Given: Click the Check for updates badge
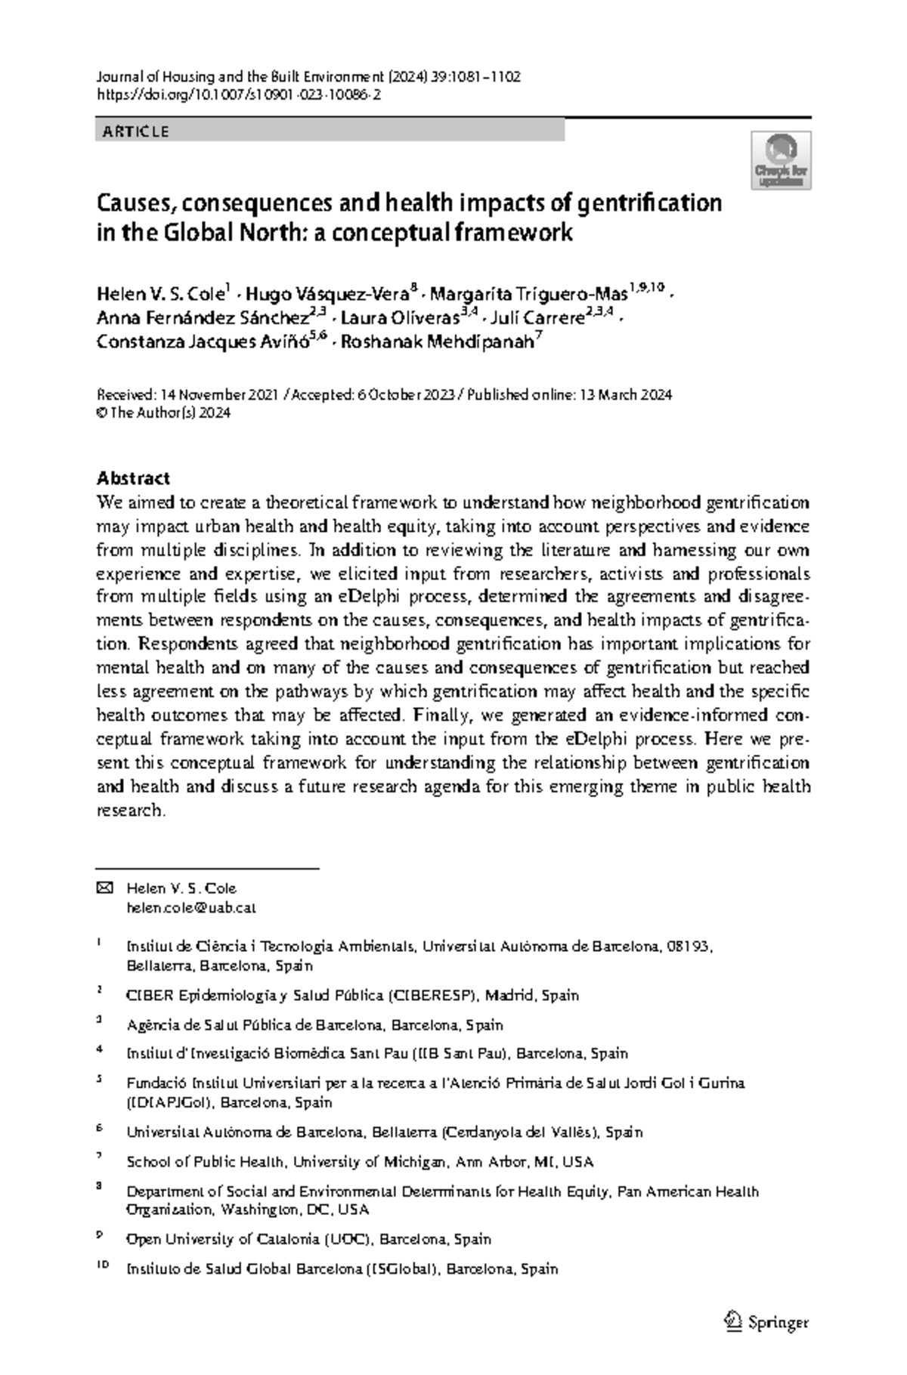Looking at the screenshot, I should (x=782, y=159).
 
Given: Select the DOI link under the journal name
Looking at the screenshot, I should (x=239, y=95).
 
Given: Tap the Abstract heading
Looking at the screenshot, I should (x=133, y=478).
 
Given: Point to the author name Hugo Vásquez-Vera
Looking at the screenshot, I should (x=327, y=294).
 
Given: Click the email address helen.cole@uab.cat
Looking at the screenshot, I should (x=191, y=908).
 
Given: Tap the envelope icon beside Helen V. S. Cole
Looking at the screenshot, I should (x=105, y=888).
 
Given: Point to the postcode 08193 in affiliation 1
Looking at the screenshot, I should (x=688, y=947).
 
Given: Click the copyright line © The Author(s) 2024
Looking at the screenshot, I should (x=163, y=413).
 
